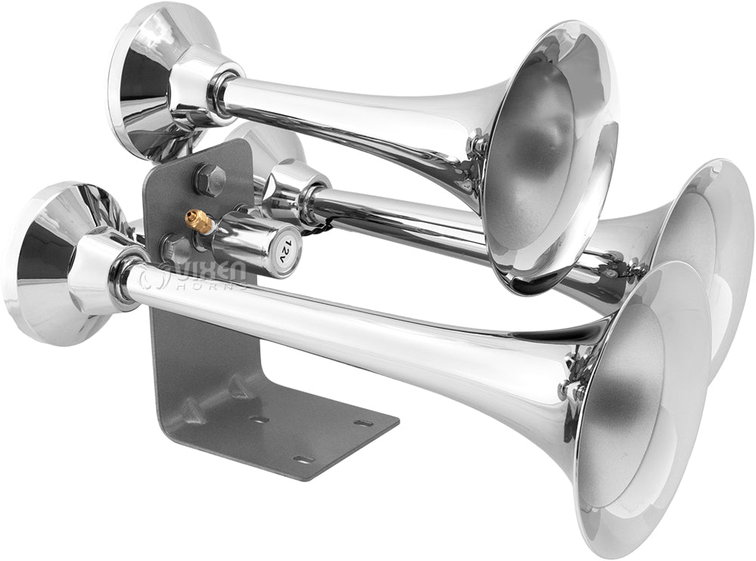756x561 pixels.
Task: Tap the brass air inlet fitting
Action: tap(198, 219)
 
